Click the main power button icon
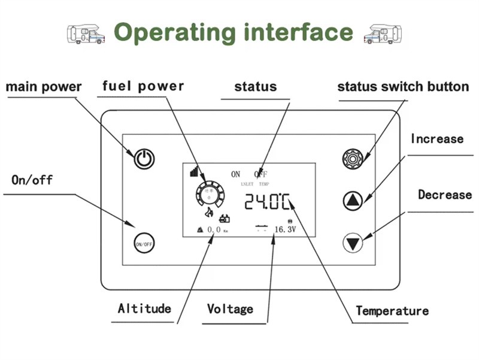click(x=144, y=159)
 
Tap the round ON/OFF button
click(x=144, y=244)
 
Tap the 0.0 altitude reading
click(x=214, y=229)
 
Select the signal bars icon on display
click(x=193, y=173)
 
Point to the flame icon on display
click(x=208, y=213)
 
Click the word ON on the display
click(x=235, y=174)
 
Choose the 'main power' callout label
click(x=43, y=87)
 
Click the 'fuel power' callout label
click(x=143, y=86)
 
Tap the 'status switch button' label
click(x=403, y=86)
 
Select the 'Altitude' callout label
click(x=144, y=308)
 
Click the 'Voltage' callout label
click(x=230, y=309)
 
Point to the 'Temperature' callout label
click(x=392, y=311)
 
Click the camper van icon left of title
click(x=84, y=34)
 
